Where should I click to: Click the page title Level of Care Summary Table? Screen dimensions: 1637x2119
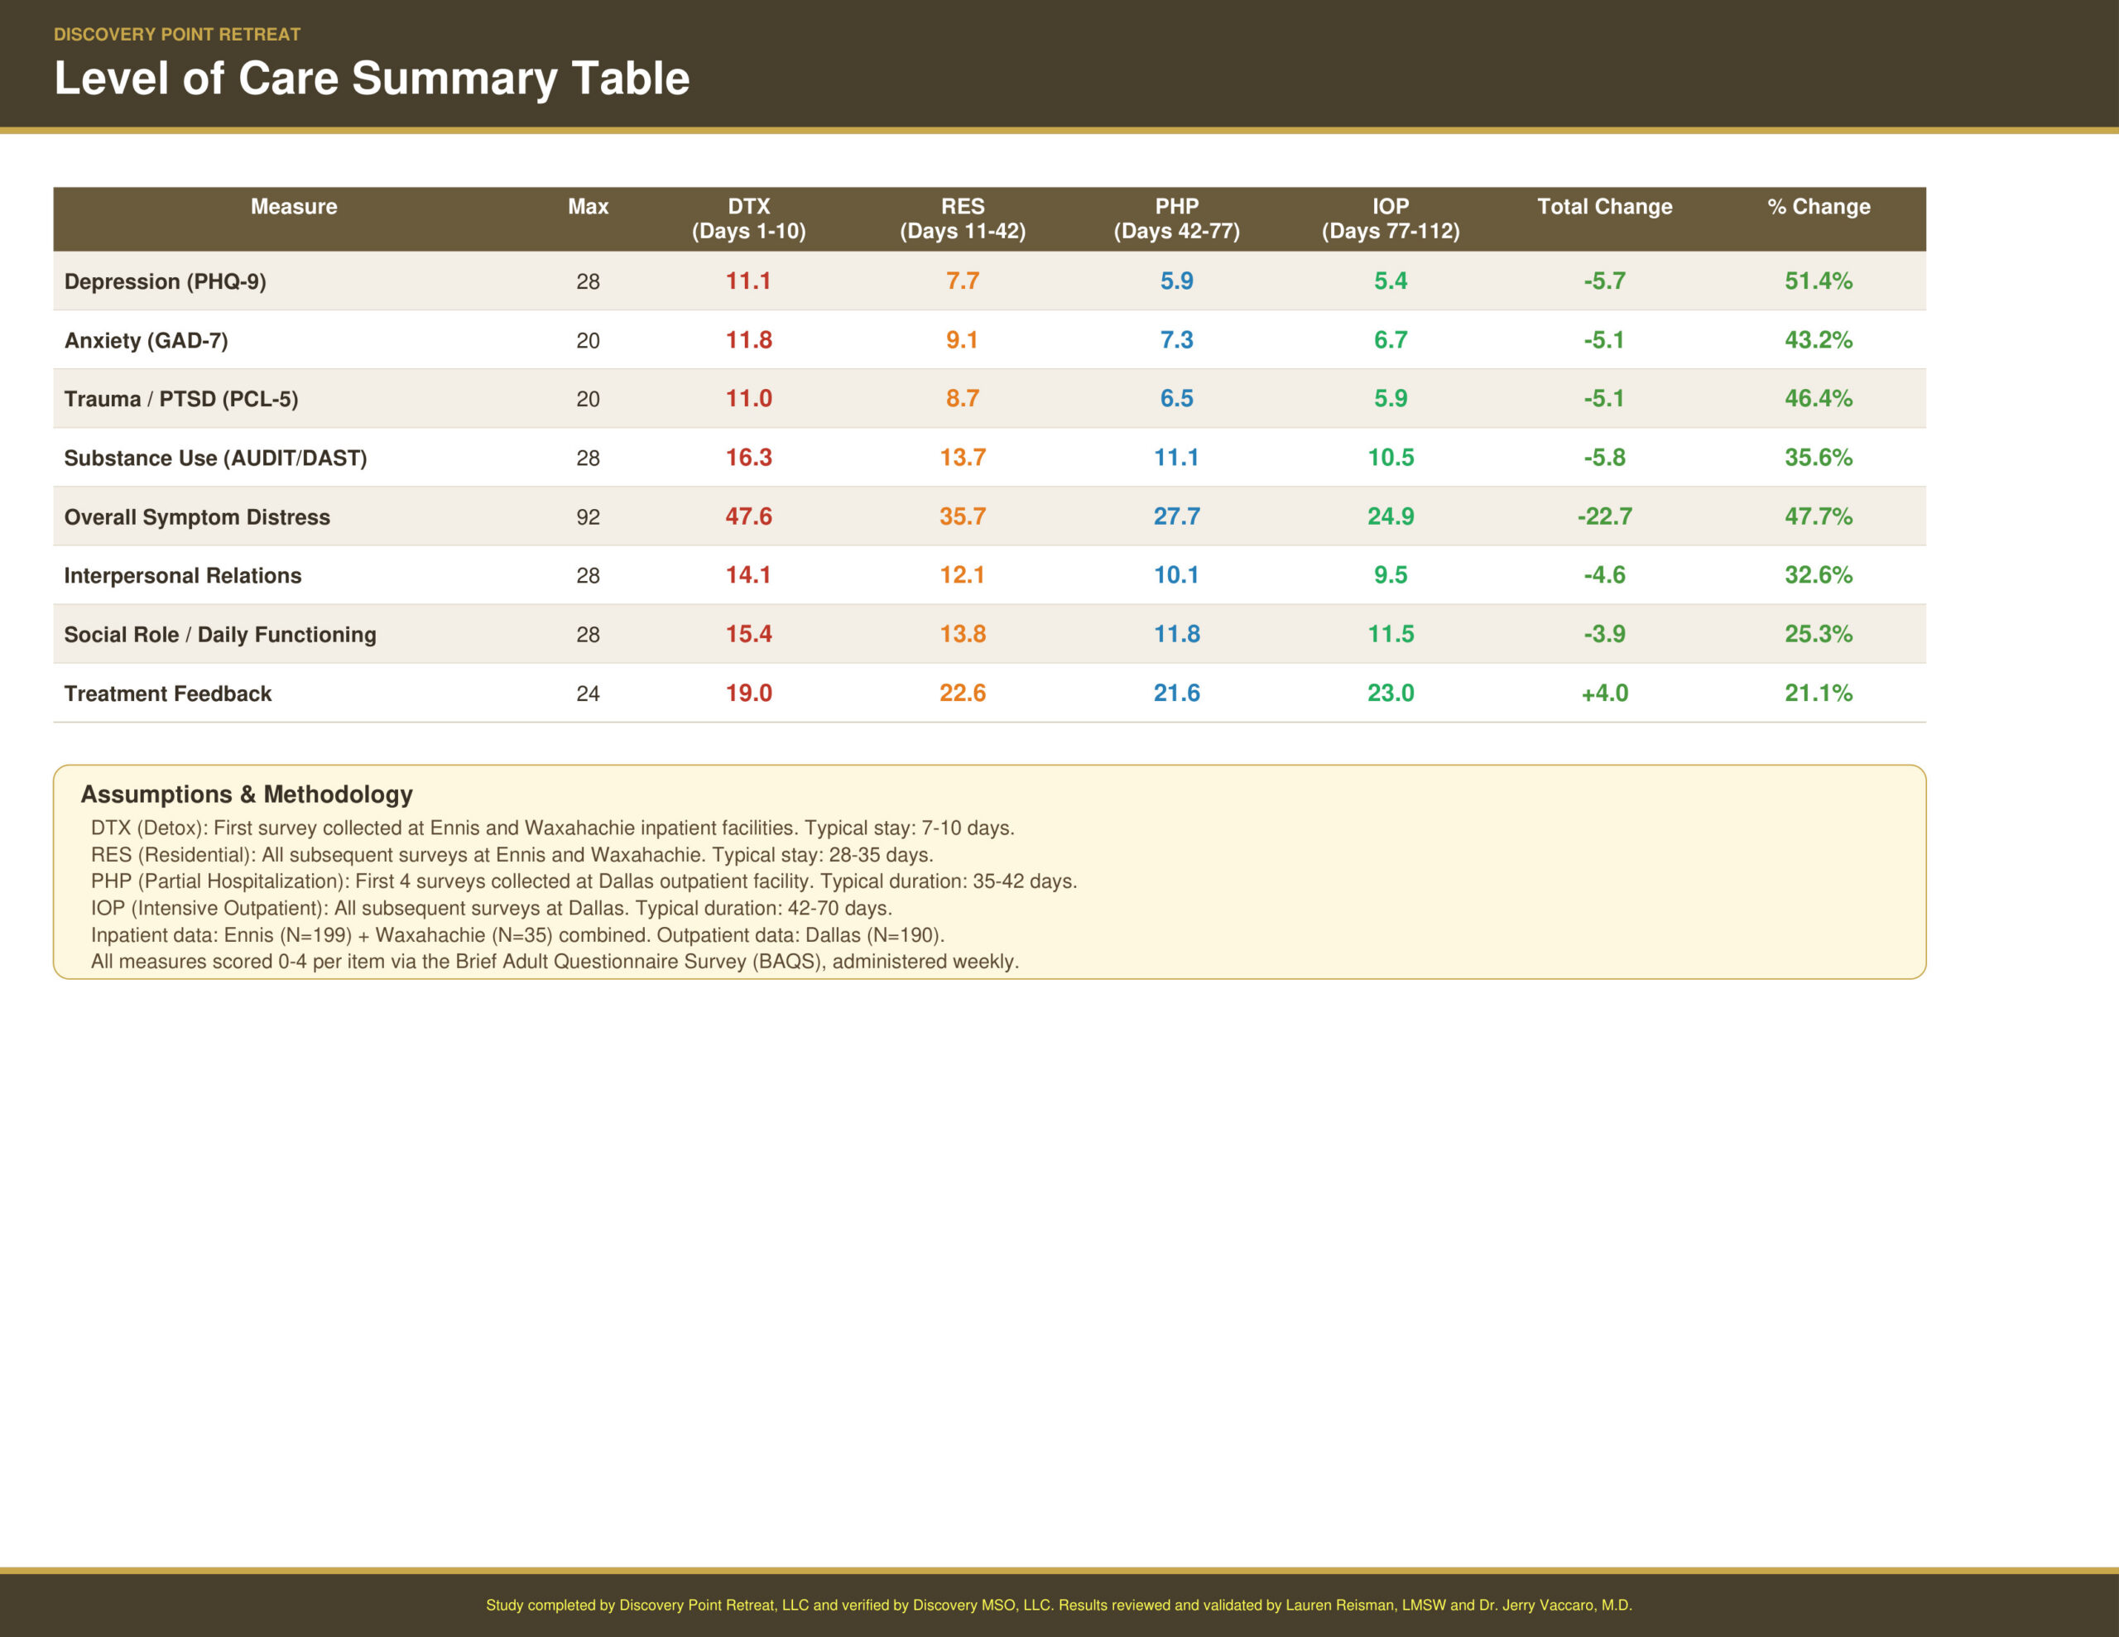pos(372,79)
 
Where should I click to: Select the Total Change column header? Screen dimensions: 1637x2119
pos(1604,207)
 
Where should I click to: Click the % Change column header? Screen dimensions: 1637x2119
pos(1819,207)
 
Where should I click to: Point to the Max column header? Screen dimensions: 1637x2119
pos(588,207)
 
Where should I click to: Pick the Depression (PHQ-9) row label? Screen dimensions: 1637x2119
pos(165,281)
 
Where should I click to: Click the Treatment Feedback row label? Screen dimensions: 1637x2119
pos(168,694)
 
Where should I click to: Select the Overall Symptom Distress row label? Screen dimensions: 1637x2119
pos(197,517)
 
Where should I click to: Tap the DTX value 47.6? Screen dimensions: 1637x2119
pos(748,516)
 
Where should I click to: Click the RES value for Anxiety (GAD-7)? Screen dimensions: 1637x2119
pos(962,339)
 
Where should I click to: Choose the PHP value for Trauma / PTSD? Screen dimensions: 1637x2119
pos(1176,399)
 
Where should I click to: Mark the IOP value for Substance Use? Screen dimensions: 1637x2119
pos(1391,457)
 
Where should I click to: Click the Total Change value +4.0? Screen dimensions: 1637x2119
pos(1604,693)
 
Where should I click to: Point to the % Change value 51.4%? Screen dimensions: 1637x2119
pos(1819,281)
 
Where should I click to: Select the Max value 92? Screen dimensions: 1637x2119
pos(588,517)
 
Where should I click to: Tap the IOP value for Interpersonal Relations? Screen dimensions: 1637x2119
pos(1391,575)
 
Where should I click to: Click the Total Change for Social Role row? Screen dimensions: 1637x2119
pos(1604,634)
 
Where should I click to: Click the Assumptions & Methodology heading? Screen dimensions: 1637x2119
pos(247,794)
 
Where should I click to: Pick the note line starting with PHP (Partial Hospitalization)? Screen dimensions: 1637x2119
pos(583,881)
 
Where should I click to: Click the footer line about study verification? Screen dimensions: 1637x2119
pos(1059,1605)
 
